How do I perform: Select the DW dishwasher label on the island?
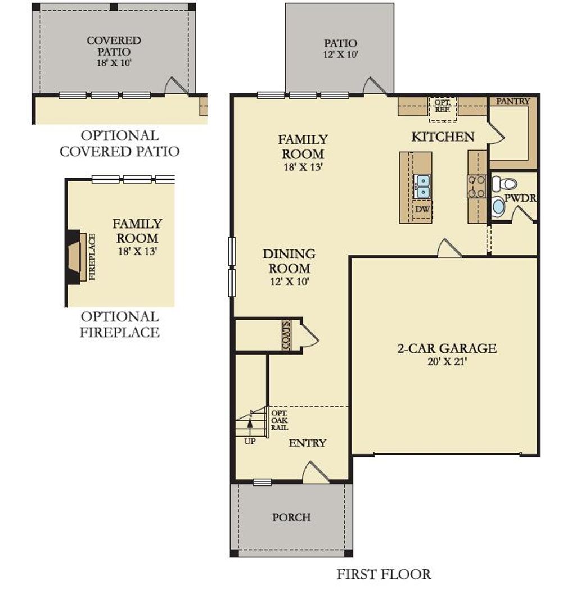tap(422, 209)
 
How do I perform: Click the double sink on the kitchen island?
tap(422, 185)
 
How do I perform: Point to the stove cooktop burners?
tap(476, 186)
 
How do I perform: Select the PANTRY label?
tap(513, 101)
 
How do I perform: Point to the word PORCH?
tap(291, 517)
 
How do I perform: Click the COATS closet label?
tap(286, 336)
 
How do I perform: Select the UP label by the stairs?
tap(250, 441)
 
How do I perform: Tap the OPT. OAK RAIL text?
tap(280, 420)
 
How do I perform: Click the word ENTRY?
tap(307, 443)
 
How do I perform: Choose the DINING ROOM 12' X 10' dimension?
tap(289, 282)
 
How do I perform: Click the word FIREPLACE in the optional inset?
tap(92, 257)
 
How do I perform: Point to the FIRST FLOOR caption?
tap(384, 574)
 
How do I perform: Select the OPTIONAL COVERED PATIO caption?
tap(119, 143)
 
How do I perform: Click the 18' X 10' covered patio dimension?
tap(114, 62)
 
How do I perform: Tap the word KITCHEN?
tap(443, 137)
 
